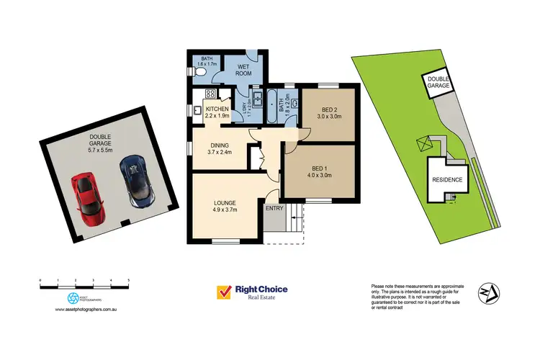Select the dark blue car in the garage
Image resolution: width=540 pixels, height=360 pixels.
(x=135, y=181)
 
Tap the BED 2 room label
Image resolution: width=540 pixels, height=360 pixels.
(x=328, y=109)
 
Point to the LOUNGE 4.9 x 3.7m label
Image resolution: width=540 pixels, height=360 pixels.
(x=225, y=206)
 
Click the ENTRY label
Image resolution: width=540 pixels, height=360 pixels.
(x=274, y=208)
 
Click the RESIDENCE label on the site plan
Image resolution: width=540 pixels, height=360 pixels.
(x=447, y=181)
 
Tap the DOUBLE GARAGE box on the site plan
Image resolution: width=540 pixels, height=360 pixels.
(x=438, y=82)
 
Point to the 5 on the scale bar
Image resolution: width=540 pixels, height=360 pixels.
(x=129, y=279)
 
